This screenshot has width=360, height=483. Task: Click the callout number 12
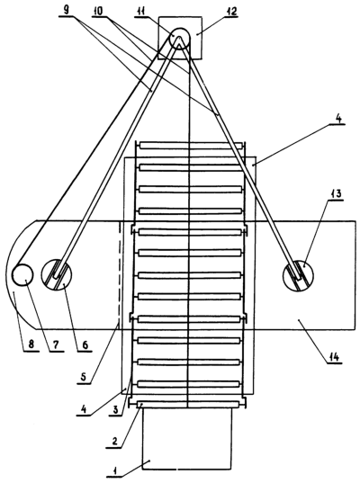coord(230,12)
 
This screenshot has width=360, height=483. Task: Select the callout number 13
coord(336,194)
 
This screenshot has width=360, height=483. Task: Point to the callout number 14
coord(334,357)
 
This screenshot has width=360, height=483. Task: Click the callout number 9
coord(67,10)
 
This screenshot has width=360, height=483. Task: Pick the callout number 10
coord(99,11)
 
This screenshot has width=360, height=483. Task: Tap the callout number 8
coord(31,344)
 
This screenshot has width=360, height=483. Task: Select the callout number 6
coord(85,344)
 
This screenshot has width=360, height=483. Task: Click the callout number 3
coord(115,410)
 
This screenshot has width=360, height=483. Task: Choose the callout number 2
coord(114,442)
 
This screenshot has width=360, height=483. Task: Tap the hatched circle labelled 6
coord(57,273)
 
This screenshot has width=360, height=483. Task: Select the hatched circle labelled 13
coord(298,275)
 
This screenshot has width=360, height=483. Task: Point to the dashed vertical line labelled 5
coord(119,273)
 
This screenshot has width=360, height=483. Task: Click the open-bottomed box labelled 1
coord(143,437)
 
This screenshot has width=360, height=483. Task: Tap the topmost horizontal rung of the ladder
coord(191,145)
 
